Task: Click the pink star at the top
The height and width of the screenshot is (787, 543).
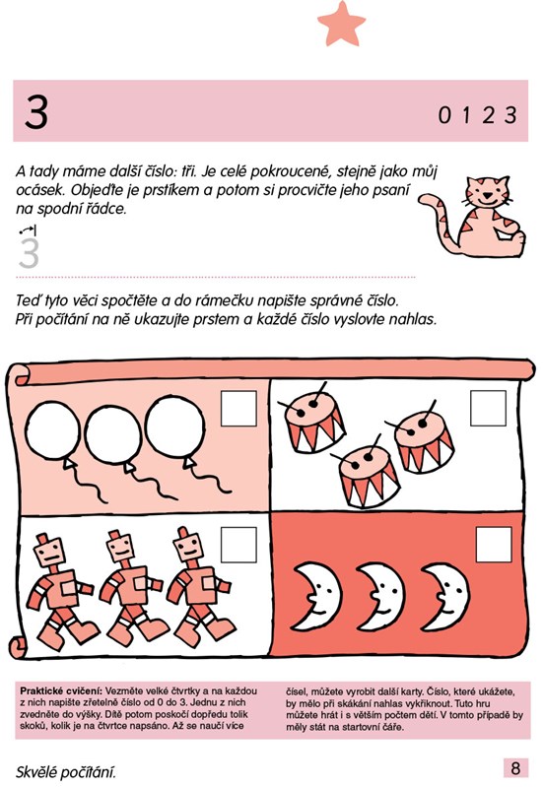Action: [x=342, y=24]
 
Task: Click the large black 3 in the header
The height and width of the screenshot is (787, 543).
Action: [x=36, y=112]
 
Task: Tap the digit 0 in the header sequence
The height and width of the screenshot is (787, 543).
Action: [x=444, y=115]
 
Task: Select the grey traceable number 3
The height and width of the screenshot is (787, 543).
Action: [x=29, y=253]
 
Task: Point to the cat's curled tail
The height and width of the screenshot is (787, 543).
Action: [x=436, y=217]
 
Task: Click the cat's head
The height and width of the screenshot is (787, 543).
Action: [x=487, y=191]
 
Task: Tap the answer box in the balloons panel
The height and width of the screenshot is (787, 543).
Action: [x=238, y=409]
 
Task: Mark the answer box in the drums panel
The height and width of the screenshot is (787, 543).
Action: [x=488, y=408]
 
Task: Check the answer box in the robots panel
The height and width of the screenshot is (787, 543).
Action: [x=238, y=545]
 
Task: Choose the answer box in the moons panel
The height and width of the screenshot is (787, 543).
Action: [x=494, y=545]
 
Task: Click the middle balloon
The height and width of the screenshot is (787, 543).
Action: [x=113, y=434]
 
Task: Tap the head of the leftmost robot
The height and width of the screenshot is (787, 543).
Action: [x=49, y=550]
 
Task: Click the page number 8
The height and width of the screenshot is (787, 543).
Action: [x=515, y=768]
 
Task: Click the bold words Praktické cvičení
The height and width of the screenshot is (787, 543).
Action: [x=61, y=690]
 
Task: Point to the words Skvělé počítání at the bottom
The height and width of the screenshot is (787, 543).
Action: [x=66, y=771]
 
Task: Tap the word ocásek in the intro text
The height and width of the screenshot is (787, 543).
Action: [x=40, y=190]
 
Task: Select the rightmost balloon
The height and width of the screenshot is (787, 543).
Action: [x=174, y=426]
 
